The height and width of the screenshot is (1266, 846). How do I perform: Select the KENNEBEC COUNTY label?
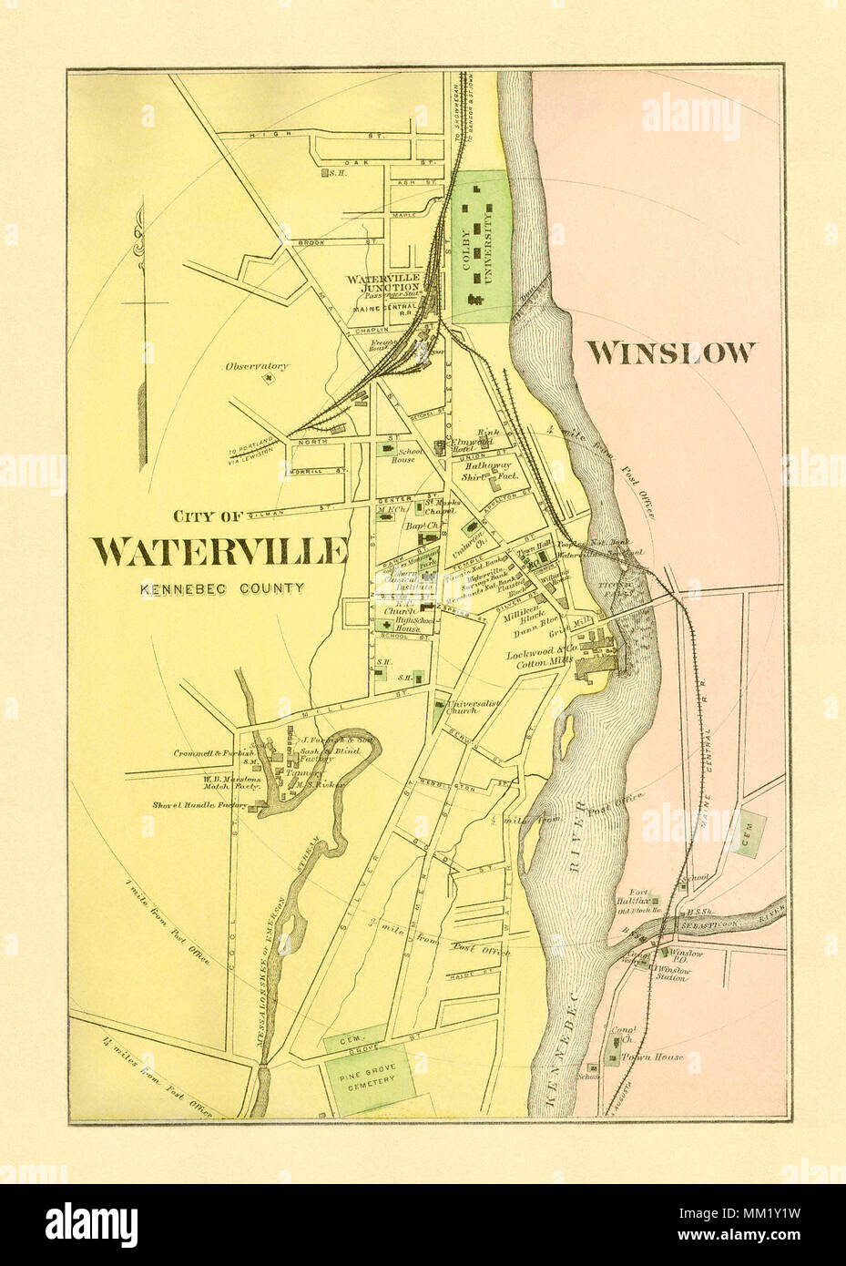[x=221, y=588]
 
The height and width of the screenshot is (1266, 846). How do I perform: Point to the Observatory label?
[x=257, y=366]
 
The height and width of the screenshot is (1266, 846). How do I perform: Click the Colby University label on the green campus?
[x=489, y=246]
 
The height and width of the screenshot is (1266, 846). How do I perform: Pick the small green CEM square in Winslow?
[x=752, y=832]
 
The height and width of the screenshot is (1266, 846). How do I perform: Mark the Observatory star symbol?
[x=269, y=380]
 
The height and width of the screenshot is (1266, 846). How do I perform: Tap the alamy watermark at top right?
[x=698, y=115]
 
